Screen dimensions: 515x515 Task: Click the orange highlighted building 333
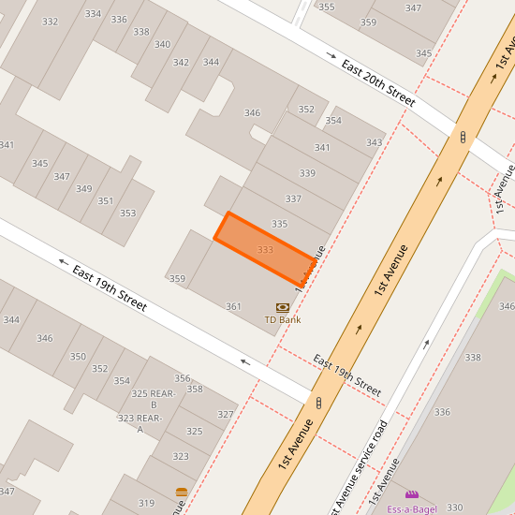point(265,249)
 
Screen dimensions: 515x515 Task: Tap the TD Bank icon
point(282,307)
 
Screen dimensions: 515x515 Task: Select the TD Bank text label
point(282,320)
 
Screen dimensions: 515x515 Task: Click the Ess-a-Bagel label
point(411,509)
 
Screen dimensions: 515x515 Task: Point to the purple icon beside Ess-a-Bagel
point(411,494)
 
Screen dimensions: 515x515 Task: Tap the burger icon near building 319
point(181,492)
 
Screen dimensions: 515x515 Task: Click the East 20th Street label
point(377,82)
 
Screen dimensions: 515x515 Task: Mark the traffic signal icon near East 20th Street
point(463,138)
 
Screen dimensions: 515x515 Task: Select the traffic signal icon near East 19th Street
point(318,403)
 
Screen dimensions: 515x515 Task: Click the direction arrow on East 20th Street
point(330,55)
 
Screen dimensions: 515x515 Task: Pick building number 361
point(233,306)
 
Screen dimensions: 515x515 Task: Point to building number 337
point(293,199)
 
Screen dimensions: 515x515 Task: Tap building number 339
point(307,173)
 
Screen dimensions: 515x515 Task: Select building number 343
point(375,142)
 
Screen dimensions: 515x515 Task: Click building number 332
point(50,22)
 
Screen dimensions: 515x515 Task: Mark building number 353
point(127,213)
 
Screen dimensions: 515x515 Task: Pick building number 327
point(225,414)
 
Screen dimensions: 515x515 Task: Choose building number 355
point(326,7)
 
